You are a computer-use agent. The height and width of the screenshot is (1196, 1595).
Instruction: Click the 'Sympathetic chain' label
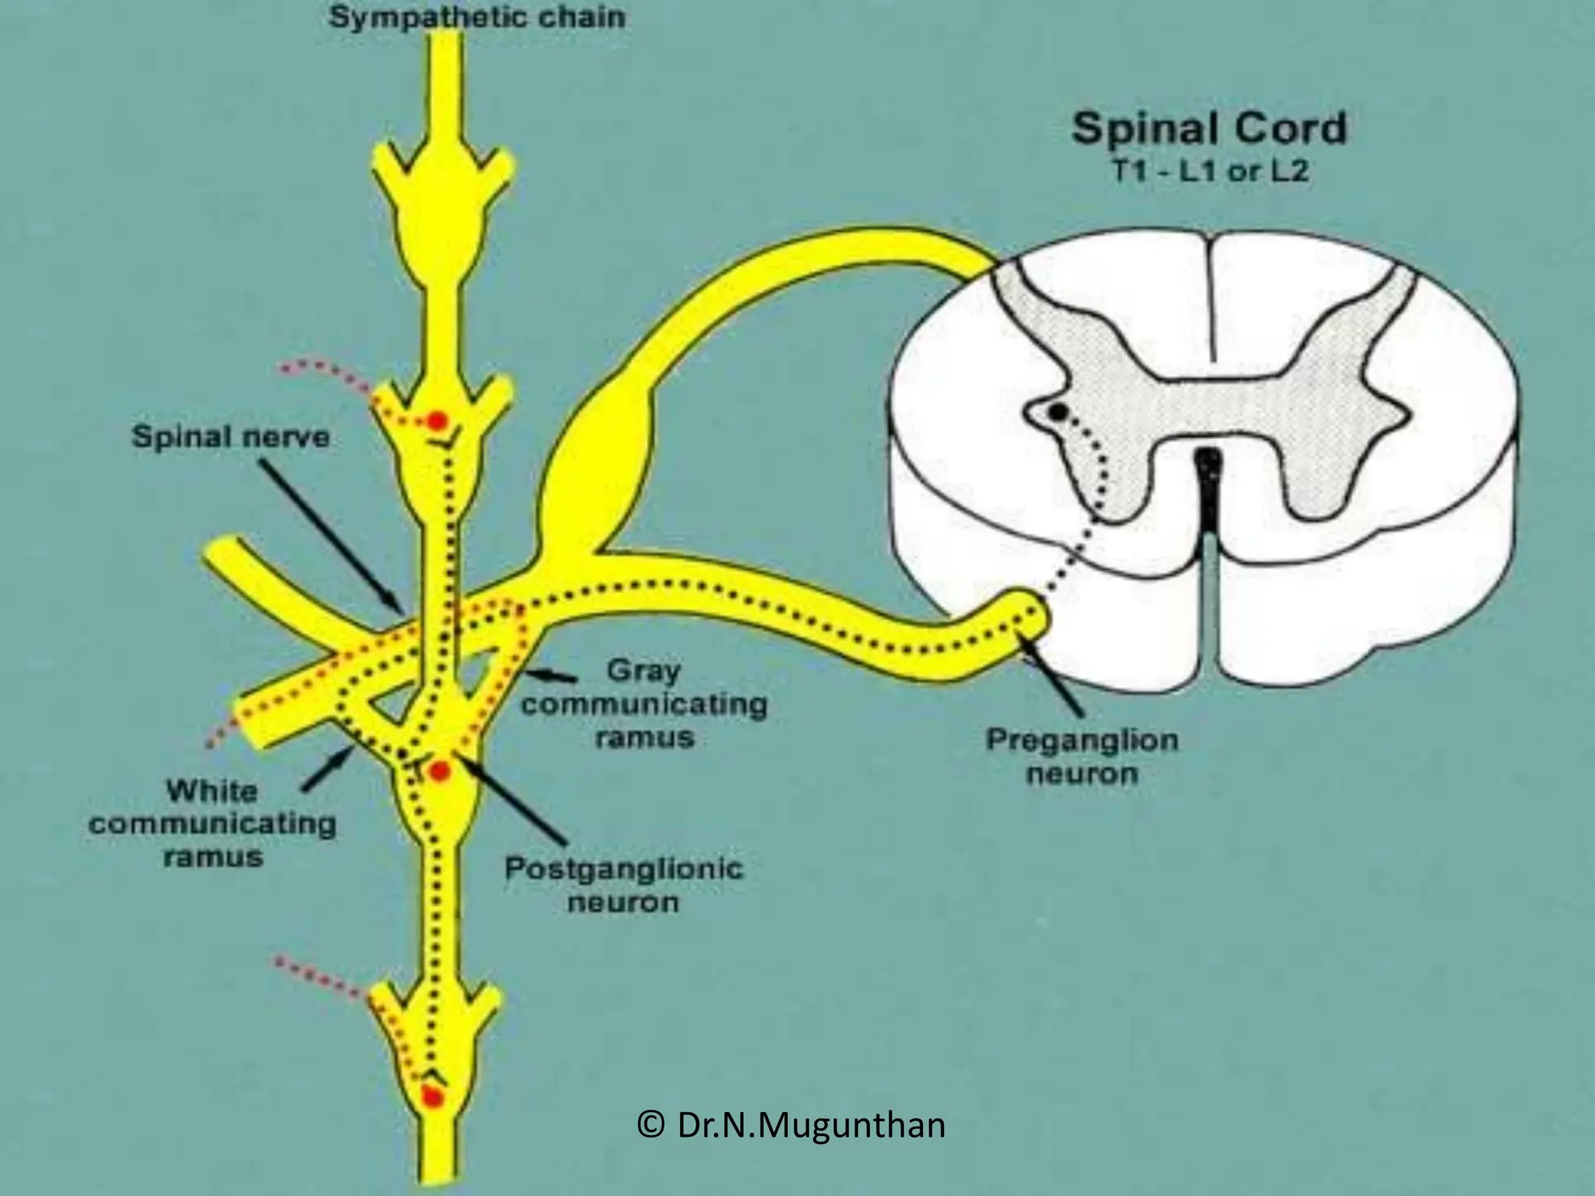point(477,17)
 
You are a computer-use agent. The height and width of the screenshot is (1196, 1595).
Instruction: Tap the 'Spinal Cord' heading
point(1209,128)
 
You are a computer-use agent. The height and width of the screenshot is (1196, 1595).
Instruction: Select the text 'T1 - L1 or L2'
point(1209,171)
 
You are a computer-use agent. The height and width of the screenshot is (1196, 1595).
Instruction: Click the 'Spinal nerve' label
point(231,437)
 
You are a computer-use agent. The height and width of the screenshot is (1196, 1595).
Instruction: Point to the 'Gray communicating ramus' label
point(644,704)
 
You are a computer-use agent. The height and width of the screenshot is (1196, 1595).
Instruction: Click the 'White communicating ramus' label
point(212,824)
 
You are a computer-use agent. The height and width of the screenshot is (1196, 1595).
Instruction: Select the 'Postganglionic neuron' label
point(624,885)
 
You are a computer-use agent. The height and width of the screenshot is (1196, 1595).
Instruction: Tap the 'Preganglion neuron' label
point(1083,757)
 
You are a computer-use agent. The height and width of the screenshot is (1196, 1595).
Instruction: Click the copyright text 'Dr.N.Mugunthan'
point(791,1124)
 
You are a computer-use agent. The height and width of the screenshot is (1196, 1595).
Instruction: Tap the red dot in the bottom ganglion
point(431,1098)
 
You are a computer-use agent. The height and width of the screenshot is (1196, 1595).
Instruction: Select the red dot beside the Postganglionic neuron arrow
point(440,772)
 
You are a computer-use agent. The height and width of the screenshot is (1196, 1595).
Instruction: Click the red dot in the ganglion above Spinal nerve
point(436,421)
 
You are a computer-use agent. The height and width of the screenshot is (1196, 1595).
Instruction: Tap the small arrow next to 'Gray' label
point(550,676)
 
